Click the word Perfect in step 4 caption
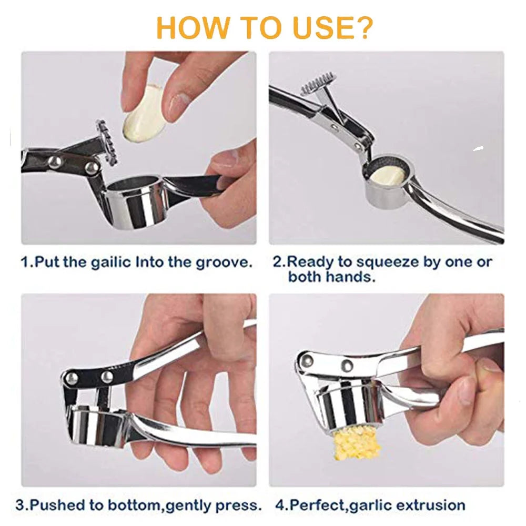coord(313,505)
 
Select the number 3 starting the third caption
coord(20,505)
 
